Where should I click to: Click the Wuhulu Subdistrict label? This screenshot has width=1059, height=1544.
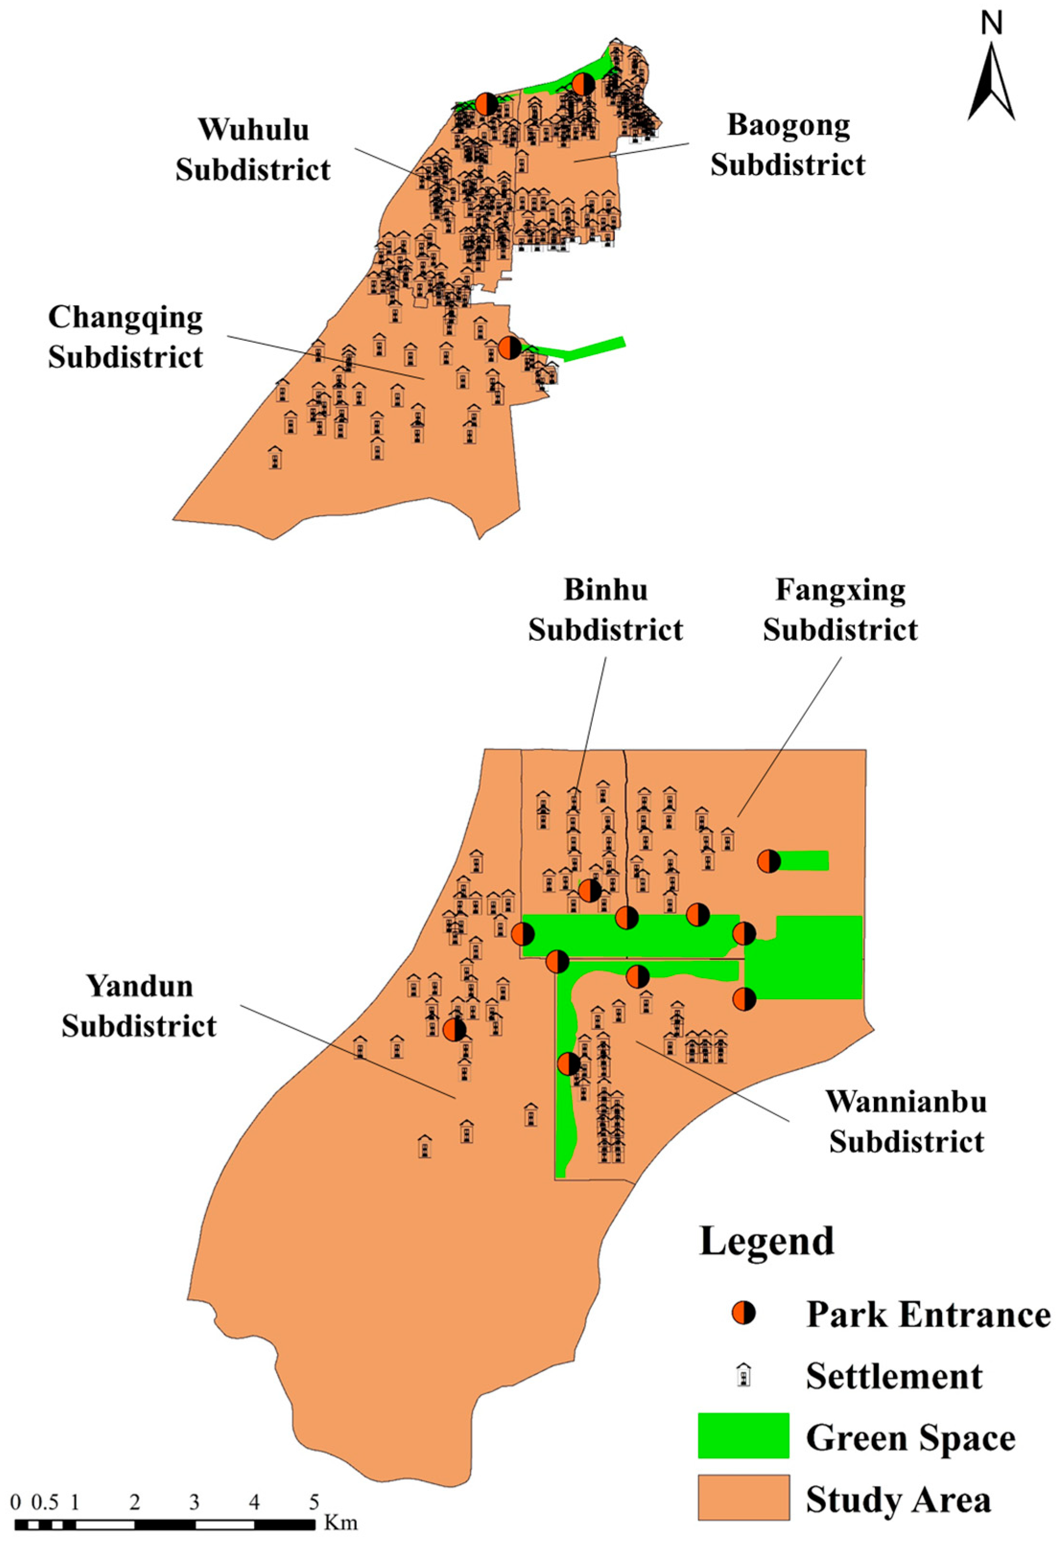[x=253, y=150]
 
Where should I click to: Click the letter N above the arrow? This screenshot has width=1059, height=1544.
[x=991, y=24]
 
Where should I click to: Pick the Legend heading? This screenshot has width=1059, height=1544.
[x=766, y=1241]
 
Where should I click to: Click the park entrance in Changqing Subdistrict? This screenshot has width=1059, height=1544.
[x=509, y=347]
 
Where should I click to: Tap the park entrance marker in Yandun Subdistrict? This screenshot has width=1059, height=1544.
[x=455, y=1030]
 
